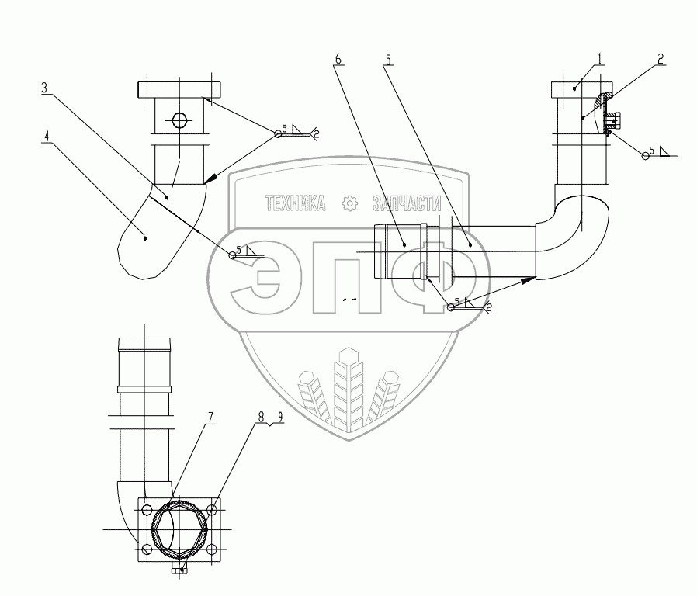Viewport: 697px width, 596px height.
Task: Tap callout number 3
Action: point(46,88)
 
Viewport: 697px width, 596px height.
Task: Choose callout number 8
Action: point(262,419)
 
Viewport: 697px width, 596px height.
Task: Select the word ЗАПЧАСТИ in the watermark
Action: point(407,203)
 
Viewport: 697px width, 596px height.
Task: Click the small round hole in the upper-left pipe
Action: point(179,121)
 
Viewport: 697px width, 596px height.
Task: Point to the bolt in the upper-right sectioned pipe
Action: point(613,121)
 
